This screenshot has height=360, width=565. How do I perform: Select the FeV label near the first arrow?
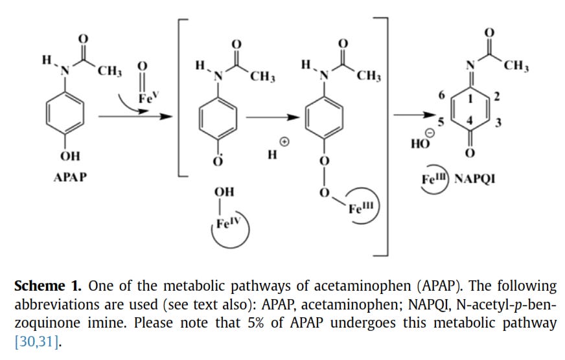pos(148,99)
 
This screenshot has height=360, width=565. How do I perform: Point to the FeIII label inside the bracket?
pos(360,208)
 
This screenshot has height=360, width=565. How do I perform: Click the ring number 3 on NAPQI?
pos(498,123)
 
